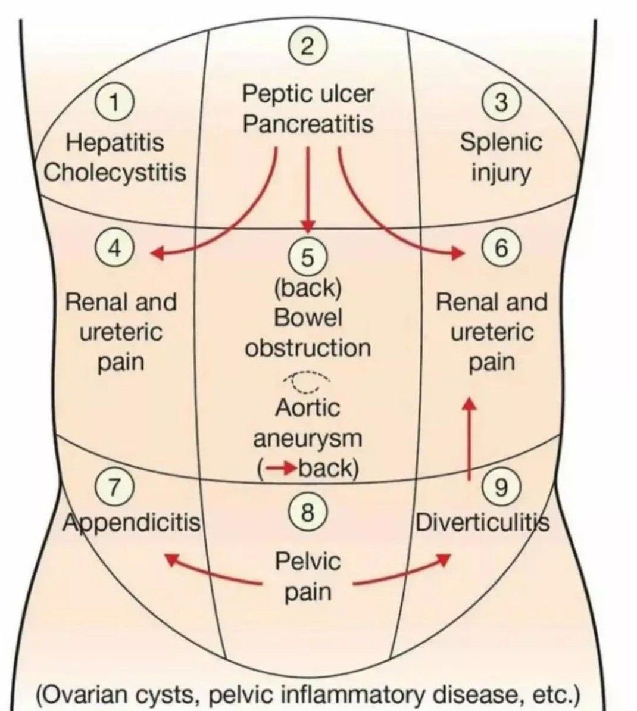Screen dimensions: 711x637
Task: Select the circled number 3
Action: [x=501, y=102]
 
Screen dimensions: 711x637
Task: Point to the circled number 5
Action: [x=307, y=258]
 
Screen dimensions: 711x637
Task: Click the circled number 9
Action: [x=501, y=488]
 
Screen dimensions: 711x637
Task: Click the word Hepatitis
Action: [x=115, y=142]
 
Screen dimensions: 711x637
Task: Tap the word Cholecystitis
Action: [x=115, y=173]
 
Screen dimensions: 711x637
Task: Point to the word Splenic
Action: [x=501, y=142]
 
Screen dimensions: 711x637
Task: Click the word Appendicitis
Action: [x=132, y=523]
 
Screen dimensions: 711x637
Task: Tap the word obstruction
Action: [x=308, y=348]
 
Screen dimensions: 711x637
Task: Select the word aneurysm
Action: [x=308, y=439]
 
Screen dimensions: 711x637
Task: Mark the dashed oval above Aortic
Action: [x=307, y=381]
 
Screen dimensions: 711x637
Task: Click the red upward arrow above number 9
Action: [x=470, y=438]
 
